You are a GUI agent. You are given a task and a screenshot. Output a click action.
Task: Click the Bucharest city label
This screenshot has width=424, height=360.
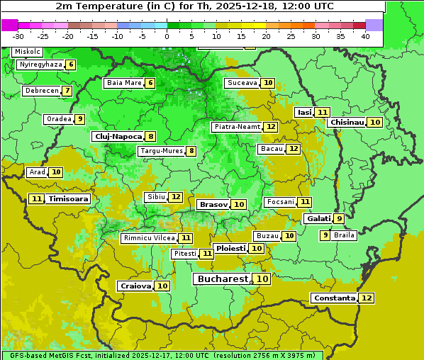pyautogui.click(x=223, y=279)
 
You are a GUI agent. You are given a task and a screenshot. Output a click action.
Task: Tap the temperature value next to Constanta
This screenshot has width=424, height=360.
pyautogui.click(x=367, y=298)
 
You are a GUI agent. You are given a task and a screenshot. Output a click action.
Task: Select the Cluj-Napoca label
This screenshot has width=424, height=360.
pyautogui.click(x=118, y=136)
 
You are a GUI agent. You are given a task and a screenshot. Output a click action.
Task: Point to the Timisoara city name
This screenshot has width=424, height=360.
pyautogui.click(x=69, y=199)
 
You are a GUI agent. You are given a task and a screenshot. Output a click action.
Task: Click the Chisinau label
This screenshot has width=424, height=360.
pyautogui.click(x=347, y=122)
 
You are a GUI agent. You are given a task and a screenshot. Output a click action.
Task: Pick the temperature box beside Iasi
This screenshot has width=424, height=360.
pyautogui.click(x=323, y=112)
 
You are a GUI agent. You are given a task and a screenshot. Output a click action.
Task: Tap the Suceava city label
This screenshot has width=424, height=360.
pyautogui.click(x=241, y=83)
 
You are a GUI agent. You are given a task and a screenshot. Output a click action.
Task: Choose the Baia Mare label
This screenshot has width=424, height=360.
pyautogui.click(x=123, y=83)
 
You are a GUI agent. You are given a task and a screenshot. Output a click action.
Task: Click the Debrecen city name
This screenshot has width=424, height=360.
pyautogui.click(x=41, y=91)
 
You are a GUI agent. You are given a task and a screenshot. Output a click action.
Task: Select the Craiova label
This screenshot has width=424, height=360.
pyautogui.click(x=135, y=286)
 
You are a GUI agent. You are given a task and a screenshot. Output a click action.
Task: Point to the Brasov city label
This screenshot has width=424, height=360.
pyautogui.click(x=213, y=204)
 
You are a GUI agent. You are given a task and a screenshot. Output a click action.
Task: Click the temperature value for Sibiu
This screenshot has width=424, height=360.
pyautogui.click(x=176, y=196)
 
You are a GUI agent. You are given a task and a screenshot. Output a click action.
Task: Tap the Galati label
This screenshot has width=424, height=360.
pyautogui.click(x=318, y=219)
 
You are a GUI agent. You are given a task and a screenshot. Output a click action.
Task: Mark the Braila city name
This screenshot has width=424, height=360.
pyautogui.click(x=344, y=235)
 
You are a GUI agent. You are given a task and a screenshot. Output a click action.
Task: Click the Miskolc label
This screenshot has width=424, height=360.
pyautogui.click(x=28, y=52)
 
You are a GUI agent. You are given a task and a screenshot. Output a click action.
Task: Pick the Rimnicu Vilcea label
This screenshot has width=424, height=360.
pyautogui.click(x=148, y=238)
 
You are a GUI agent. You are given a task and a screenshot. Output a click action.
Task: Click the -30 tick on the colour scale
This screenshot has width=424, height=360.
pyautogui.click(x=18, y=35)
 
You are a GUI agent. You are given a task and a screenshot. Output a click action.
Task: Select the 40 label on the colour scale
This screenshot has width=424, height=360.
pyautogui.click(x=365, y=35)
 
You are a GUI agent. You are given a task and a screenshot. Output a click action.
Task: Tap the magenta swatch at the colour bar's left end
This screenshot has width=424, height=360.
pyautogui.click(x=9, y=24)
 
